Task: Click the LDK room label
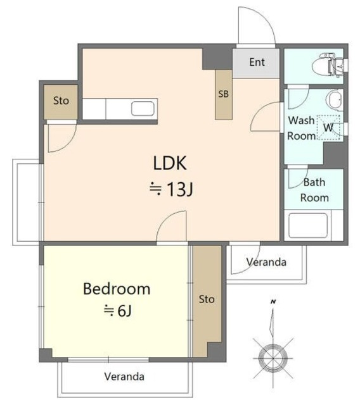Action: tap(170, 163)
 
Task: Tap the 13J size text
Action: tap(172, 189)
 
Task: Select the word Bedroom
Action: tap(117, 289)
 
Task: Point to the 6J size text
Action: tap(118, 311)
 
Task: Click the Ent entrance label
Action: tap(257, 62)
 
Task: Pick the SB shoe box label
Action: tap(224, 94)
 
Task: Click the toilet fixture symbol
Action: tap(328, 65)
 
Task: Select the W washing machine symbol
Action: tap(328, 127)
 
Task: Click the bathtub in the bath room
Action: tap(308, 225)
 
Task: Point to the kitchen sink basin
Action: tap(143, 108)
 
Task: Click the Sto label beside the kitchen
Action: tap(61, 101)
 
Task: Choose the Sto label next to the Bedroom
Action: tap(207, 299)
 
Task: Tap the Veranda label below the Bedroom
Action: tap(124, 377)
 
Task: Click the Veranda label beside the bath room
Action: tap(266, 262)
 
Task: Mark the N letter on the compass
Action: tap(273, 301)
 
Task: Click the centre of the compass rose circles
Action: tap(273, 359)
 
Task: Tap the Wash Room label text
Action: tap(302, 128)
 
